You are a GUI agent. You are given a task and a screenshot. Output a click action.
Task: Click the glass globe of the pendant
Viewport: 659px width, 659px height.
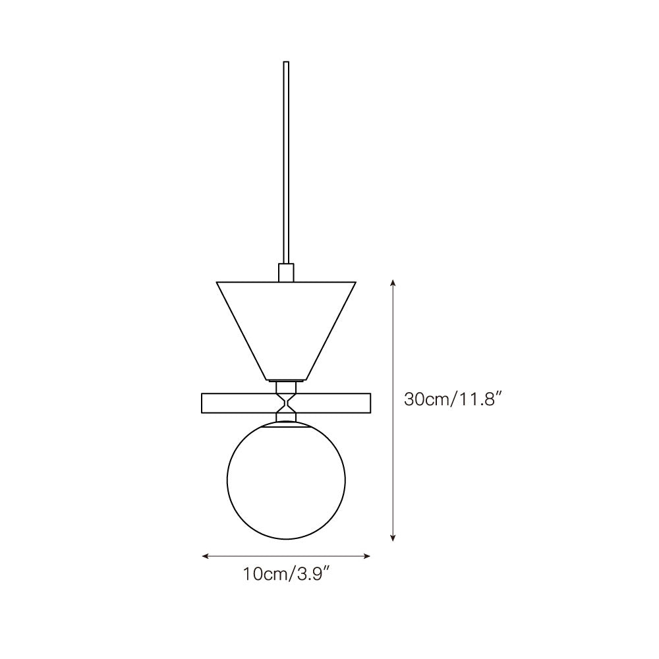tap(285, 481)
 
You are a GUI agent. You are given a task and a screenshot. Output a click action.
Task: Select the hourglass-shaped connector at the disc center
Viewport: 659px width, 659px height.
tap(286, 403)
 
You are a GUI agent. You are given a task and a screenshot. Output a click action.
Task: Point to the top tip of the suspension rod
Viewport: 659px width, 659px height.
tap(286, 63)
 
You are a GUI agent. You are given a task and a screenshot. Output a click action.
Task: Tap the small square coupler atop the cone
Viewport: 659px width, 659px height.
tap(286, 273)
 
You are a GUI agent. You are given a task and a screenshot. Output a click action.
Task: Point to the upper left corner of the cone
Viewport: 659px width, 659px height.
tap(218, 283)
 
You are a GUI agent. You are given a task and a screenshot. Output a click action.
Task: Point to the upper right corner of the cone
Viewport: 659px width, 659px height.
tap(355, 283)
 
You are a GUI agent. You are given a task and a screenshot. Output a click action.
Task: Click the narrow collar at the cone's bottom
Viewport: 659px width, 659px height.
tap(286, 380)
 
